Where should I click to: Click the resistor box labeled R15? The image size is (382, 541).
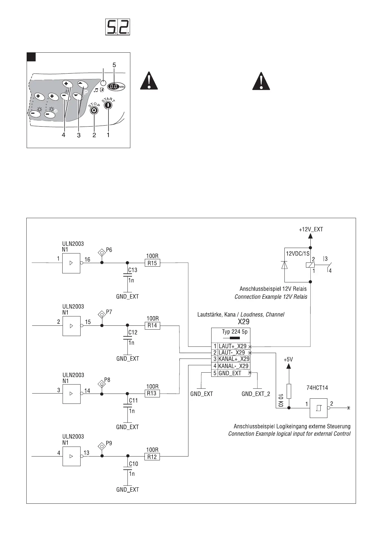tap(152, 263)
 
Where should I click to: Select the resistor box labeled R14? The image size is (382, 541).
tap(152, 325)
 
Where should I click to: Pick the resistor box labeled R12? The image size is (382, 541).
tap(152, 457)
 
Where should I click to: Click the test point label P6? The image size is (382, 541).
tap(109, 250)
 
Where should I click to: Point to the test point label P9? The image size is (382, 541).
tap(109, 443)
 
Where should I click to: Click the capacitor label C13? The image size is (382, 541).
tap(133, 270)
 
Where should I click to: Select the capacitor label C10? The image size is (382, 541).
tap(134, 464)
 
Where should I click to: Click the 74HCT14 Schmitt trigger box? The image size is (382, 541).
tap(318, 408)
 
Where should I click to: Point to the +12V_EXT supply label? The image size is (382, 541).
tap(310, 229)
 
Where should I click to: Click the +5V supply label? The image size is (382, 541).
tap(288, 360)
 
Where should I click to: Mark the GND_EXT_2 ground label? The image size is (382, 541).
tap(256, 394)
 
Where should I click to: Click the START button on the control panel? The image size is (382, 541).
tap(108, 105)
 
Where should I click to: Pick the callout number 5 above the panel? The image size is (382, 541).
tap(114, 65)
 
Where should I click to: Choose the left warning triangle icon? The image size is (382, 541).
tap(149, 81)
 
